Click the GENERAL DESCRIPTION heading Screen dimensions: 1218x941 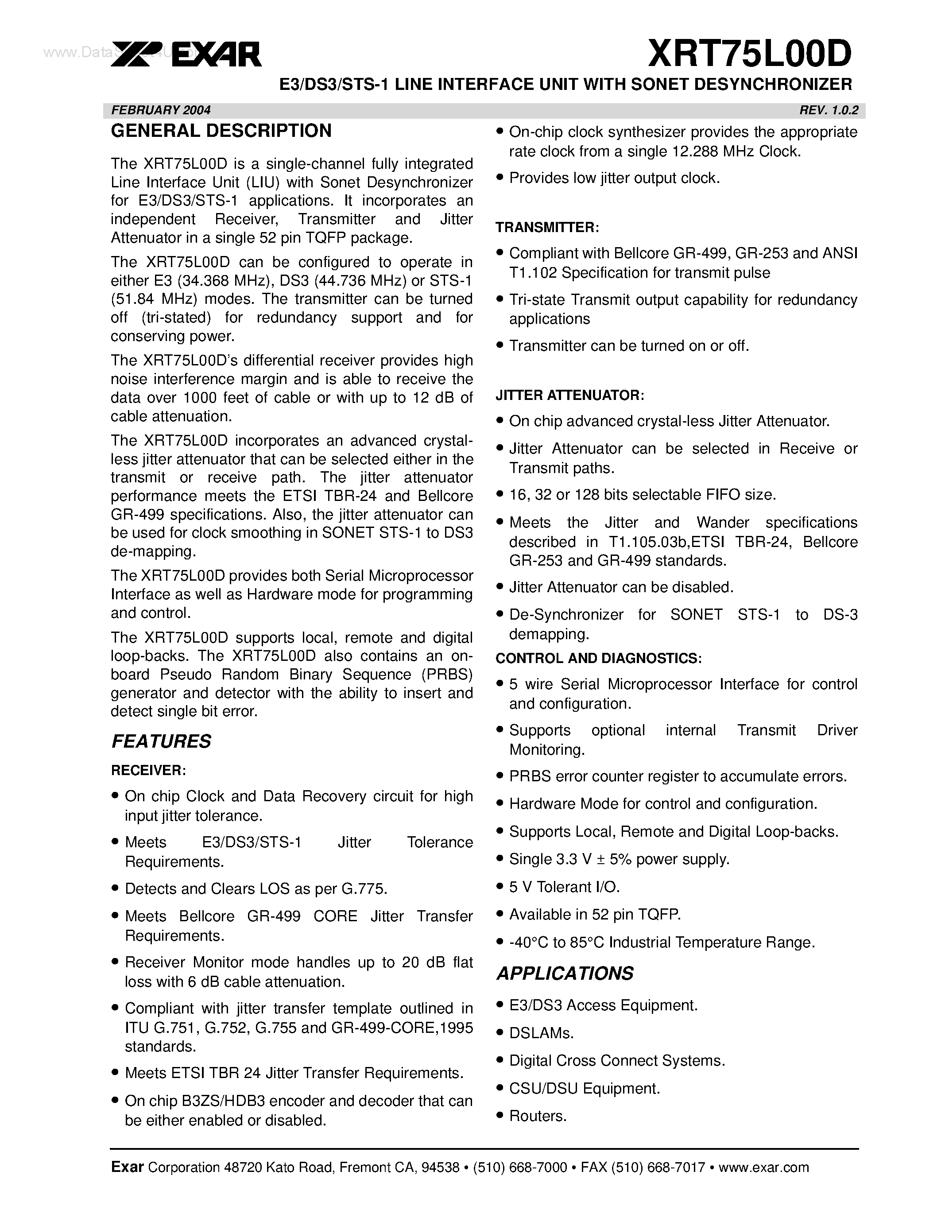tap(221, 131)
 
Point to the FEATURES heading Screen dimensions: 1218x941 tap(161, 741)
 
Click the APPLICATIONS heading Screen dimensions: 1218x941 tap(565, 973)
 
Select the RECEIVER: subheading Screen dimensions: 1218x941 tap(148, 770)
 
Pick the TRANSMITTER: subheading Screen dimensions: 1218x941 tap(547, 228)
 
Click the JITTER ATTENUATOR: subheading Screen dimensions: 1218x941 tap(570, 396)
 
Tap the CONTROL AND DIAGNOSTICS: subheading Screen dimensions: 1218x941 tap(598, 658)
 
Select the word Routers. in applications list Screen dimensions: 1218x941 tap(538, 1116)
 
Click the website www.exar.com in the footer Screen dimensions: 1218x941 tap(764, 1167)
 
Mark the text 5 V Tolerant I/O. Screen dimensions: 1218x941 tap(564, 887)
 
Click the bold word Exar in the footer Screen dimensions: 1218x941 tap(128, 1167)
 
